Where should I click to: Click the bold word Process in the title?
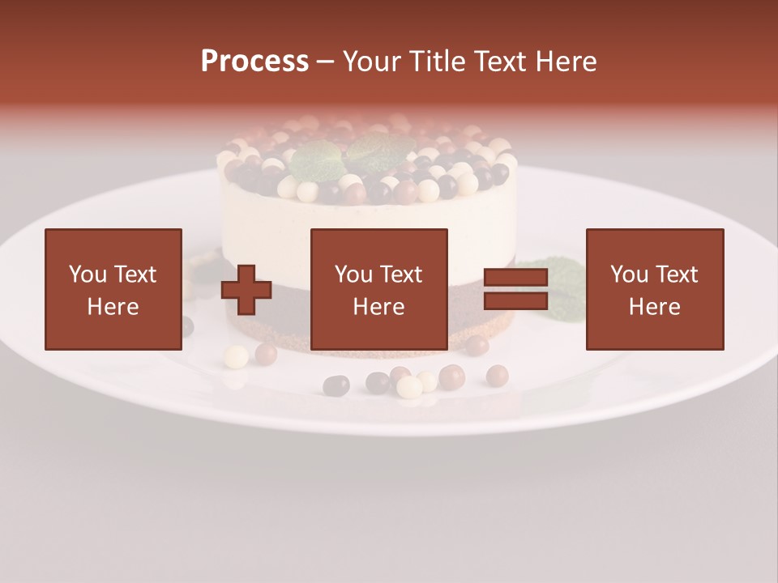point(254,62)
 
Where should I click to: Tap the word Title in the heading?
point(438,62)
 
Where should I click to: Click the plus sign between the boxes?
point(246,290)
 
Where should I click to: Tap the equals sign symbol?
point(515,290)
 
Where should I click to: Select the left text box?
point(113,289)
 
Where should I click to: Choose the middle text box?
point(379,289)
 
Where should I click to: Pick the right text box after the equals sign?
point(655,289)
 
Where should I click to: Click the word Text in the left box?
point(135,274)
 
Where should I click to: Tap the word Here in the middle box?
point(379,307)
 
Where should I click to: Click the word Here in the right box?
point(655,307)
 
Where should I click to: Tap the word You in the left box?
point(88,274)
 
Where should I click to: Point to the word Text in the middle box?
point(400,274)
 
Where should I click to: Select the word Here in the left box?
point(113,307)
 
